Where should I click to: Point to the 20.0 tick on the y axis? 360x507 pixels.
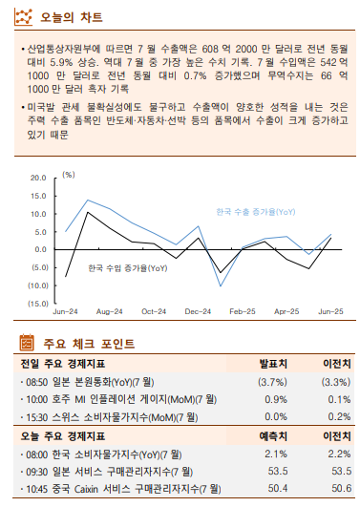coord(38,178)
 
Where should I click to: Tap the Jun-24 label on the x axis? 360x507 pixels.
coord(65,312)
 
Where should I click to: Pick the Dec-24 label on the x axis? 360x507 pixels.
coord(198,312)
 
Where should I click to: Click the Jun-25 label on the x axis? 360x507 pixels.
coord(330,312)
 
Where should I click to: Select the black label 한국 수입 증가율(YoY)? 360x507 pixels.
coord(128,268)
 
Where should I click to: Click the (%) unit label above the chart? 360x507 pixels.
coord(68,175)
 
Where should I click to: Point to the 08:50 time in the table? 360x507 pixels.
coord(35,381)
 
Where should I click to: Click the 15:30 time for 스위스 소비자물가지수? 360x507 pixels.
coord(35,417)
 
